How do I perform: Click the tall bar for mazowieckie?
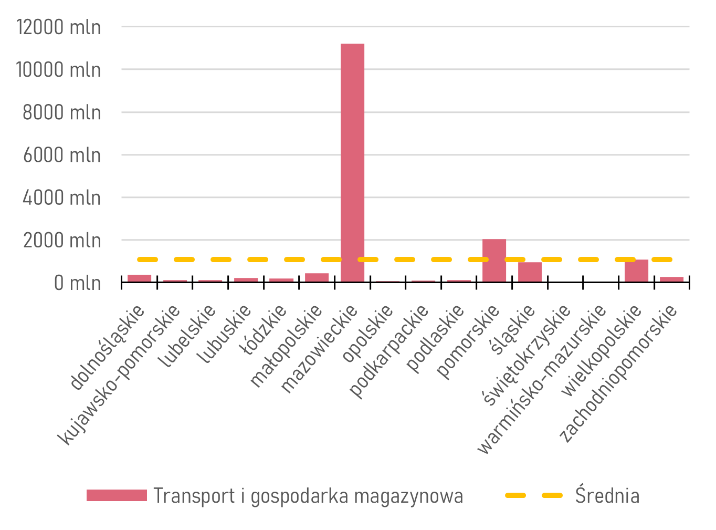coord(352,163)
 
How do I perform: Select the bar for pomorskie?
coord(494,261)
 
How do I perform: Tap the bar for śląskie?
coord(530,272)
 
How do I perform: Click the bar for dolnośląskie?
coord(139,278)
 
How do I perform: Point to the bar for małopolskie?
coord(317,277)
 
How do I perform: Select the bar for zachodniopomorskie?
coord(671,279)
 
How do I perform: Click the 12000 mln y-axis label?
coord(58,27)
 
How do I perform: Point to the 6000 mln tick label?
coord(61,155)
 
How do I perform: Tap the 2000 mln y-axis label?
coord(61,241)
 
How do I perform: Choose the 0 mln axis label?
coord(77,283)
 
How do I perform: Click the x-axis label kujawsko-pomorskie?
coord(119,375)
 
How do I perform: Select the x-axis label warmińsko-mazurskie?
coord(541,379)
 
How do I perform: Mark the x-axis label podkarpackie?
coord(389,351)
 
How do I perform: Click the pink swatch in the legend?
coord(117,495)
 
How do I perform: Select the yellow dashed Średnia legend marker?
coord(533,495)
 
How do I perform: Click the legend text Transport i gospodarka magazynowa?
coord(308,496)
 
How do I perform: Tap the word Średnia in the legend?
coord(607,495)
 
